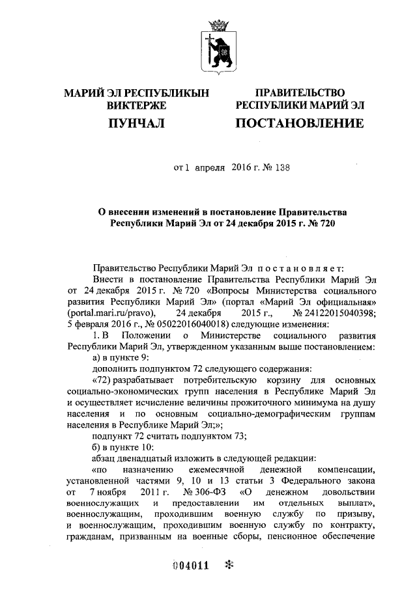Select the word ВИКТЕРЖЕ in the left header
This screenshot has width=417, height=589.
click(x=136, y=105)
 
